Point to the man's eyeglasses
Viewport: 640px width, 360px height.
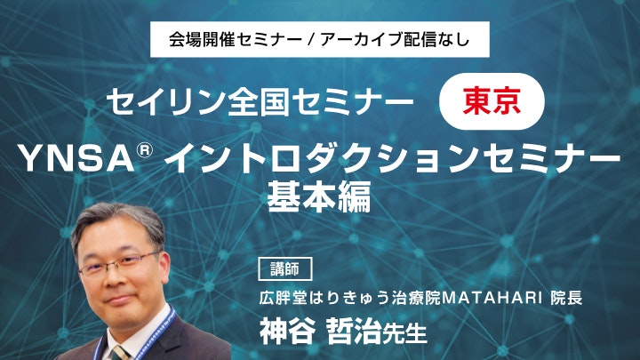[120, 264]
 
